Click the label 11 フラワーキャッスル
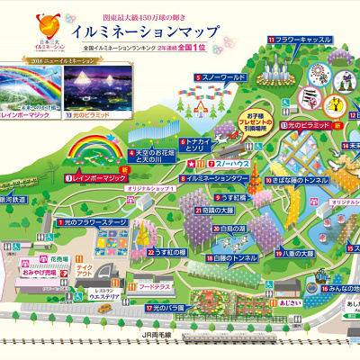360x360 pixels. coord(303,40)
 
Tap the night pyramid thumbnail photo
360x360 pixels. coord(94,85)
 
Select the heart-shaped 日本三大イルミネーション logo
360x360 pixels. coord(42,28)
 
